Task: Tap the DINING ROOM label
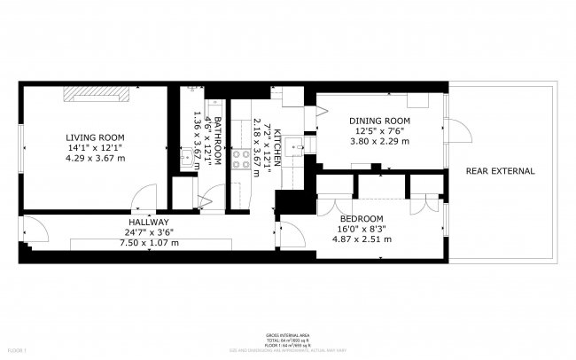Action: (379, 121)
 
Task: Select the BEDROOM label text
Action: (362, 218)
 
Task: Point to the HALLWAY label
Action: (149, 222)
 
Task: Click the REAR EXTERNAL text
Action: (500, 171)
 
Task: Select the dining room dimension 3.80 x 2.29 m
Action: (379, 141)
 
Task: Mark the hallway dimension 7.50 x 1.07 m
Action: (149, 242)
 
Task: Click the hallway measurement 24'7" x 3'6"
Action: (149, 232)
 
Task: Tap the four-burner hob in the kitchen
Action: (239, 159)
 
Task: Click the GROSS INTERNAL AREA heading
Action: (287, 336)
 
